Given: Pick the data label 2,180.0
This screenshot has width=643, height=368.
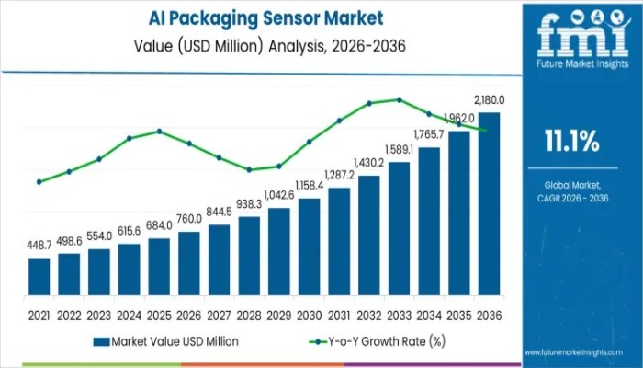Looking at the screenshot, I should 489,99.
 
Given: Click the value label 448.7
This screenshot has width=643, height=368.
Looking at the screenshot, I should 39,247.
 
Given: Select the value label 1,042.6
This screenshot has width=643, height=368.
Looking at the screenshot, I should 279,195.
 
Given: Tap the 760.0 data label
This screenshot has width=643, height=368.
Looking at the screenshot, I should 189,219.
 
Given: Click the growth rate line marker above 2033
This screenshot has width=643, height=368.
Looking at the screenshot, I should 399,99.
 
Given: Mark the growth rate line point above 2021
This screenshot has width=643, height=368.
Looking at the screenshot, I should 39,181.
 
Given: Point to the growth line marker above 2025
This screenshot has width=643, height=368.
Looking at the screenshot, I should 159,131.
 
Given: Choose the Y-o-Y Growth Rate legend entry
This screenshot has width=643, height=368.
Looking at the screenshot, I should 378,341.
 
